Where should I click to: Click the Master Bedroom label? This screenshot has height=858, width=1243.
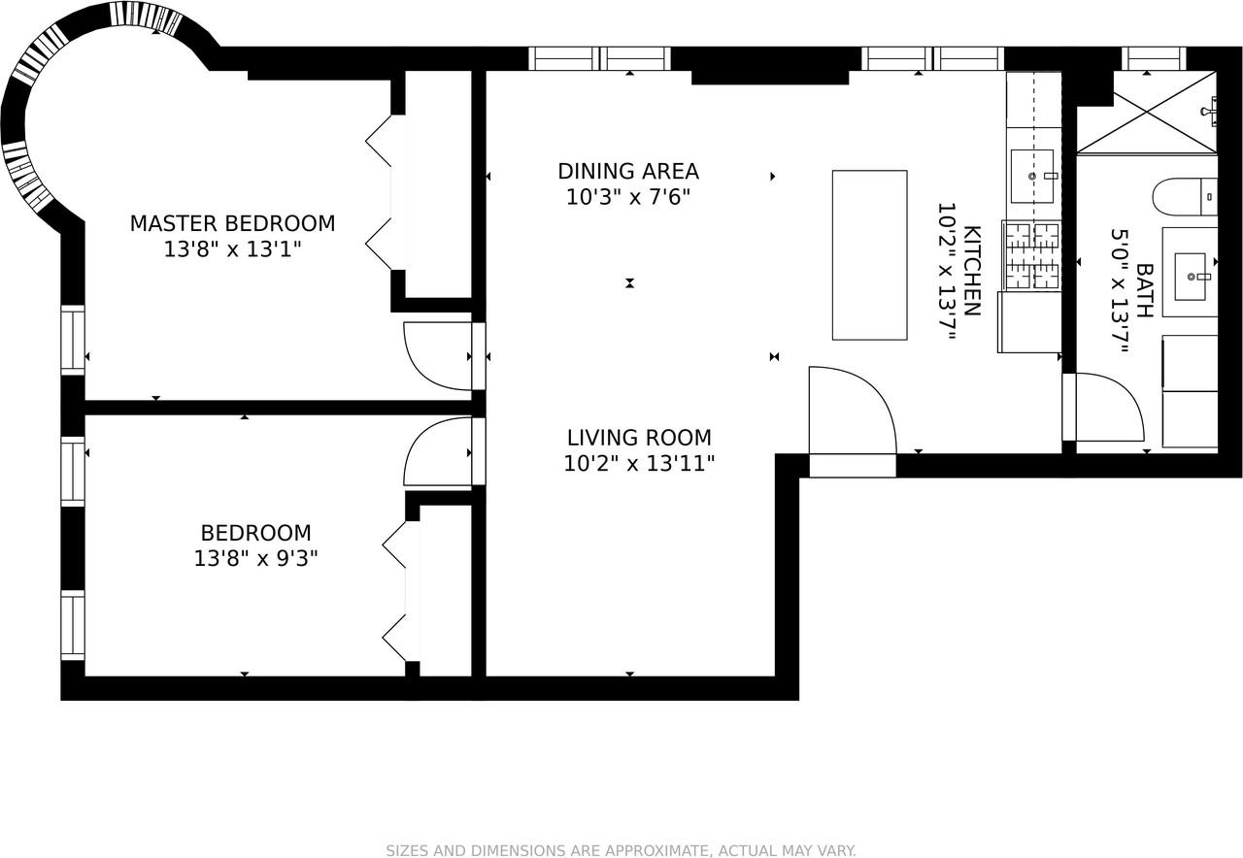click(232, 223)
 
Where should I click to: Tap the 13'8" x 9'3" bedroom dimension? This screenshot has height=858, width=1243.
click(255, 558)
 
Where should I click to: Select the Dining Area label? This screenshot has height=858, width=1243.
click(628, 172)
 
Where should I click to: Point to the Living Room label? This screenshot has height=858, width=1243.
click(639, 438)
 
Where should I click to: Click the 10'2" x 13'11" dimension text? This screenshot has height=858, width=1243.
click(639, 463)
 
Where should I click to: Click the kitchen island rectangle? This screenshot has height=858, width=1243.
click(869, 255)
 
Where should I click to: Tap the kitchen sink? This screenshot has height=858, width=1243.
click(1032, 176)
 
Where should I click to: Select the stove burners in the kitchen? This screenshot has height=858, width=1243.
click(1032, 255)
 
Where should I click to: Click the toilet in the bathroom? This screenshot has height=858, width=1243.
click(1185, 196)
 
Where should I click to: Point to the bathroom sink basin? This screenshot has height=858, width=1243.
click(1191, 277)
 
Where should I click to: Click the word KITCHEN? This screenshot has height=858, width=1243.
click(972, 271)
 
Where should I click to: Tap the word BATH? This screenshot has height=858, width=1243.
click(1144, 290)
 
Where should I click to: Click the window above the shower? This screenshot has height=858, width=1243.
click(1154, 59)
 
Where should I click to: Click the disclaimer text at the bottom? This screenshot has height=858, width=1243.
click(621, 851)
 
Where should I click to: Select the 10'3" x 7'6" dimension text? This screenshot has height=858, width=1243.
click(628, 197)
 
